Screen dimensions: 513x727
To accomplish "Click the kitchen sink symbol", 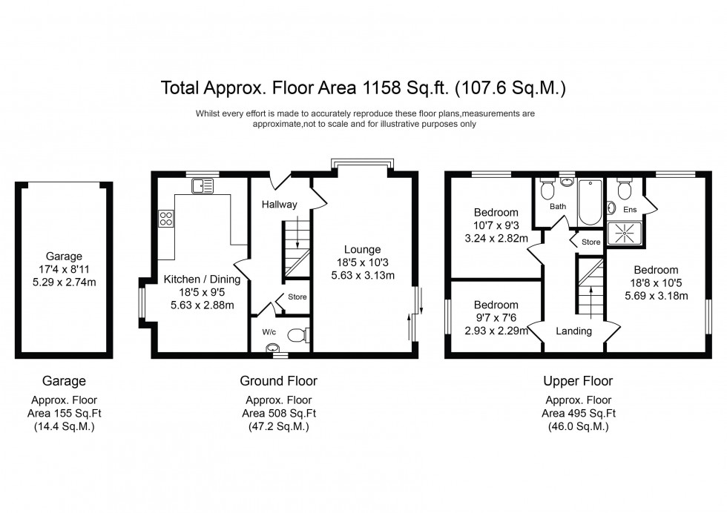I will coord(200,185).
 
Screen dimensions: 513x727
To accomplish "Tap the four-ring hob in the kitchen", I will coord(166,219).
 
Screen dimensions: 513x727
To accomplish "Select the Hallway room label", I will coord(279,205).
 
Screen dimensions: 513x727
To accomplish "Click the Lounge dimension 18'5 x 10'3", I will coord(361,262).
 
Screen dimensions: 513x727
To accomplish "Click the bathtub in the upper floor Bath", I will coord(590,202).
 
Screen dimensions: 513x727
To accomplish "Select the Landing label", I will coord(573,331).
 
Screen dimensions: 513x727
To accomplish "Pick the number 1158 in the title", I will coord(384,89).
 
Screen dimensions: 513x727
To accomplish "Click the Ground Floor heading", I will coord(278,381).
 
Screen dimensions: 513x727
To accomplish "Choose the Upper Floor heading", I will coord(578,381).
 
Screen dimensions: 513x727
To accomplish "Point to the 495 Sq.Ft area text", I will coord(579,414).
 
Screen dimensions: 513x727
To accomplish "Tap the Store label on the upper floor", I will coord(591,242).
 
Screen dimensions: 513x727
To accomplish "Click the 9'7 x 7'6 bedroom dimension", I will coord(496,317).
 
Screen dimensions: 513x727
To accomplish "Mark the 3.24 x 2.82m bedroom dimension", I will coord(496,239).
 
